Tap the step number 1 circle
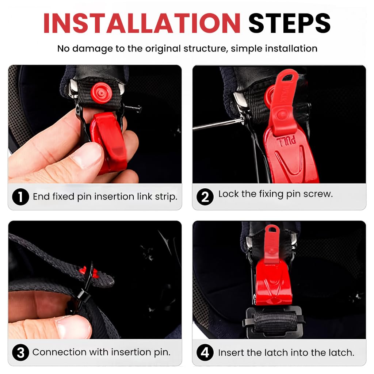pyautogui.click(x=20, y=197)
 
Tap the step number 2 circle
pyautogui.click(x=205, y=197)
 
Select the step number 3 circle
pyautogui.click(x=20, y=353)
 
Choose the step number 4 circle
pyautogui.click(x=205, y=353)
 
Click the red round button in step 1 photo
pyautogui.click(x=101, y=90)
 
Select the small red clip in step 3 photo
pyautogui.click(x=88, y=271)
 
